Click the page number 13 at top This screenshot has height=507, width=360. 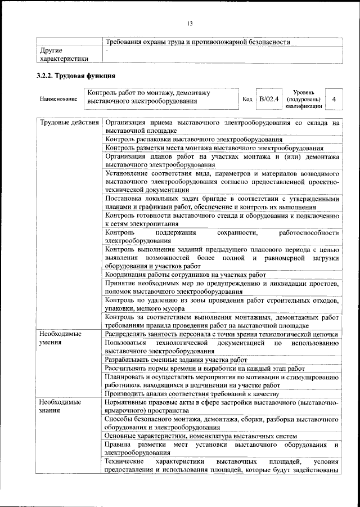pyautogui.click(x=190, y=23)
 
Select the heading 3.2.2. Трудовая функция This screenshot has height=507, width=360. pyautogui.click(x=73, y=75)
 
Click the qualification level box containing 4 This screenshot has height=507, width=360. pyautogui.click(x=334, y=99)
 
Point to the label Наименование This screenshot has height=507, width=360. pyautogui.click(x=58, y=99)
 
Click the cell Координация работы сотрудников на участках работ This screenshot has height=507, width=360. pyautogui.click(x=186, y=275)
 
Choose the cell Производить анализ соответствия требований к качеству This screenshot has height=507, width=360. pyautogui.click(x=191, y=393)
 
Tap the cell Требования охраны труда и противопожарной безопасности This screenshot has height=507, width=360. pyautogui.click(x=197, y=42)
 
